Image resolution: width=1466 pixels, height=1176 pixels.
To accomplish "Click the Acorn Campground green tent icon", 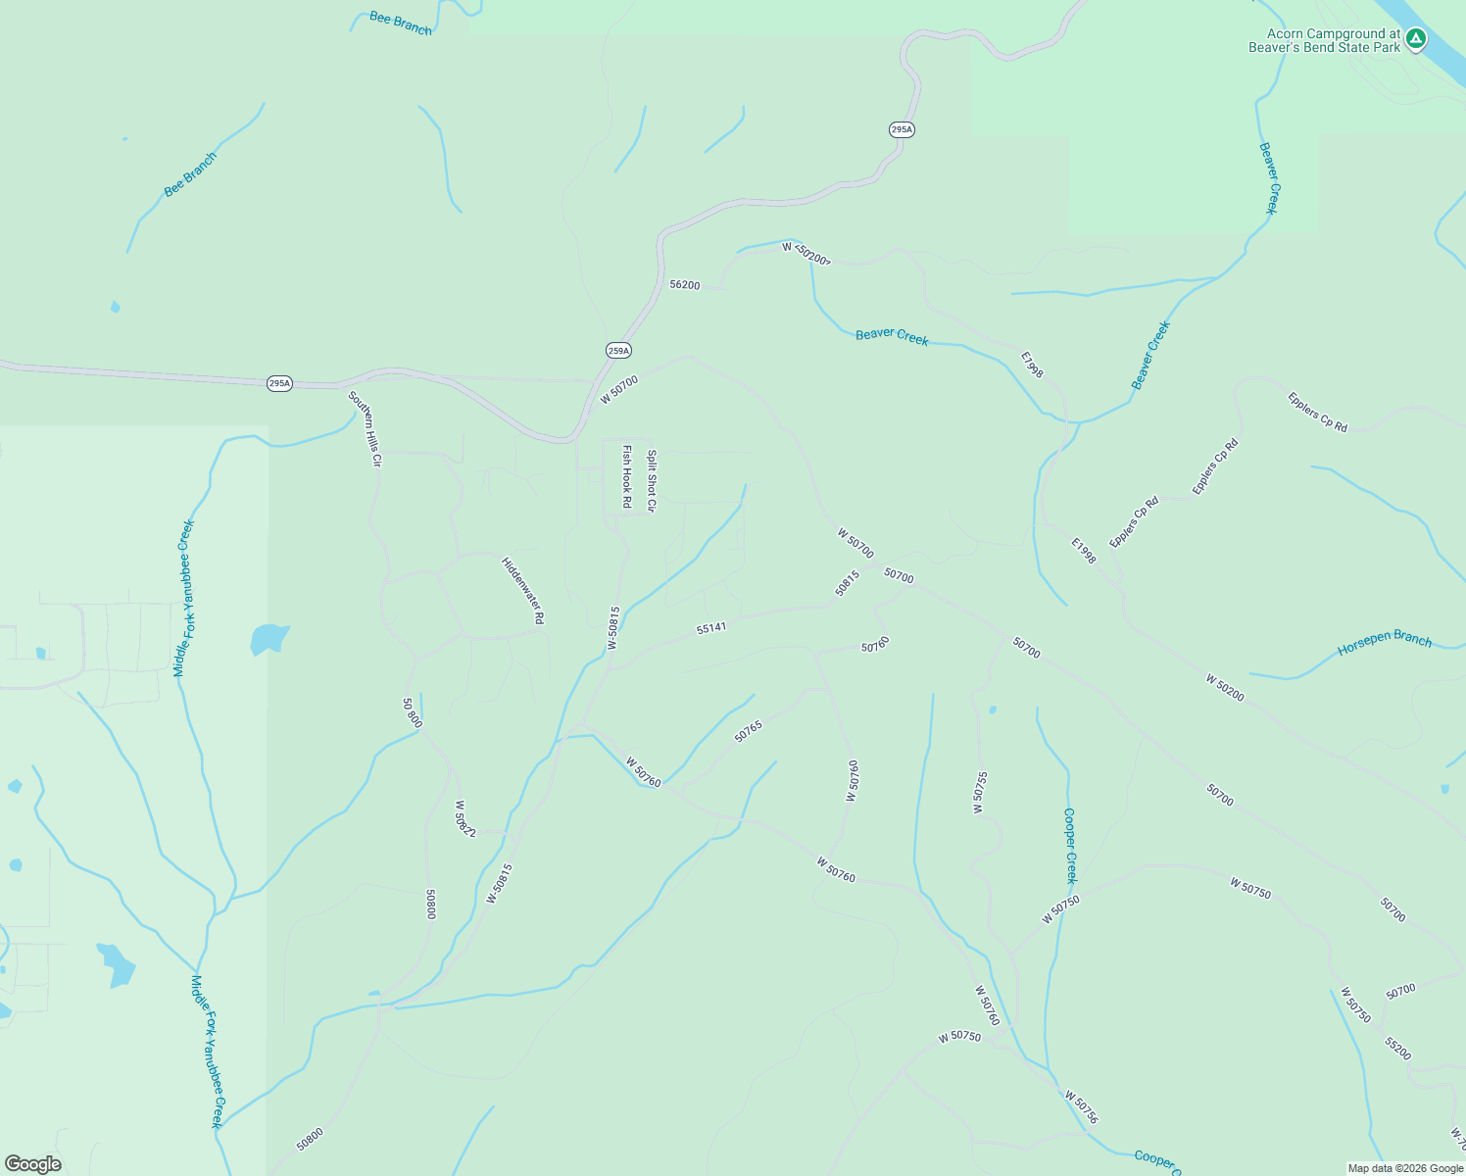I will tap(1415, 39).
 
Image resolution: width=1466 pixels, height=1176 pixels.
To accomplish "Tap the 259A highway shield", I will tap(618, 350).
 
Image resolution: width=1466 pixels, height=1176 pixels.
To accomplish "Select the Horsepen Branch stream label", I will tap(1385, 643).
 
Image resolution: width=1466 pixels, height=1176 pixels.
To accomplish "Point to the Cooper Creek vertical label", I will tap(1070, 845).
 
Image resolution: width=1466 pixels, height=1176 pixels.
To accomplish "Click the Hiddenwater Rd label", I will tap(522, 591).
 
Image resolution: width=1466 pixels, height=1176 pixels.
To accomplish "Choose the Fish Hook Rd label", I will tap(627, 476).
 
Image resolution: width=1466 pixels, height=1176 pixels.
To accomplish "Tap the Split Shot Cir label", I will tap(651, 480).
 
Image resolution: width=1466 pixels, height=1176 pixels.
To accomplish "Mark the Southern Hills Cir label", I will tap(364, 428).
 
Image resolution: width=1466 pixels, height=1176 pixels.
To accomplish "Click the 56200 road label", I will tap(684, 285).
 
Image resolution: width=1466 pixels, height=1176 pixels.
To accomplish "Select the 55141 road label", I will tap(711, 627).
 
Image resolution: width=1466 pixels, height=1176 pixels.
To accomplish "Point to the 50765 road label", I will tap(748, 731).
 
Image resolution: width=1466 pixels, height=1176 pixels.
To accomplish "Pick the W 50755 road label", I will tap(980, 793).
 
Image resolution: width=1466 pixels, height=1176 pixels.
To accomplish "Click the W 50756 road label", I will tap(1081, 1107).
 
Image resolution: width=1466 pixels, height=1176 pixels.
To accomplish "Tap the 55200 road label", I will tap(1398, 1050).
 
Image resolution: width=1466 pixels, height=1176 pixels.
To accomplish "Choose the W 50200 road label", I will tap(1224, 687).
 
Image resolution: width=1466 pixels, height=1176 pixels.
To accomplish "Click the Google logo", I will tap(32, 1164).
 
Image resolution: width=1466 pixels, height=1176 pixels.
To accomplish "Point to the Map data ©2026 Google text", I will tap(1404, 1168).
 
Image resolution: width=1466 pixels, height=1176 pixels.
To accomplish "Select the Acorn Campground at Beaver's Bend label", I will tap(1324, 40).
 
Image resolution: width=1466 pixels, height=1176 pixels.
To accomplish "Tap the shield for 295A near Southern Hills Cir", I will tap(279, 383).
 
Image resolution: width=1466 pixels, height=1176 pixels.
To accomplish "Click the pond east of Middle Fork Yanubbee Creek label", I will tap(269, 639).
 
